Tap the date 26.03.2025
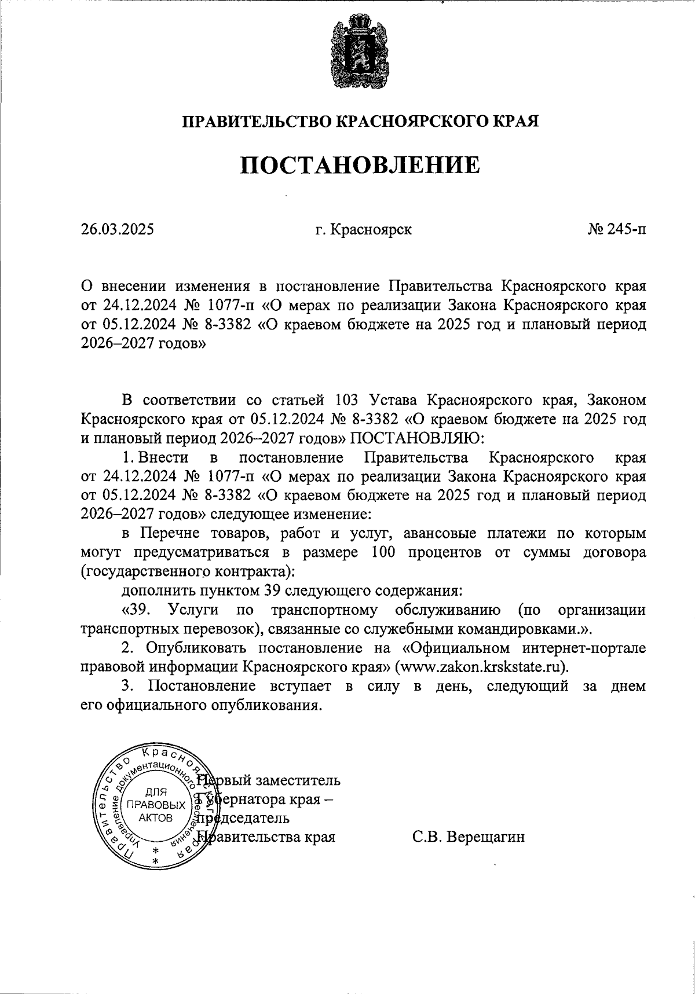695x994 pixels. [118, 230]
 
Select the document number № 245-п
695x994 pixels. [616, 230]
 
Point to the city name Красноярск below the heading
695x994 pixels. [371, 230]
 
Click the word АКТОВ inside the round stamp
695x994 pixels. [156, 817]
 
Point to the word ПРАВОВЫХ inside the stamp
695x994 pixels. [156, 805]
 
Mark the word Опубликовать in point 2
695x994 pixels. [191, 647]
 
